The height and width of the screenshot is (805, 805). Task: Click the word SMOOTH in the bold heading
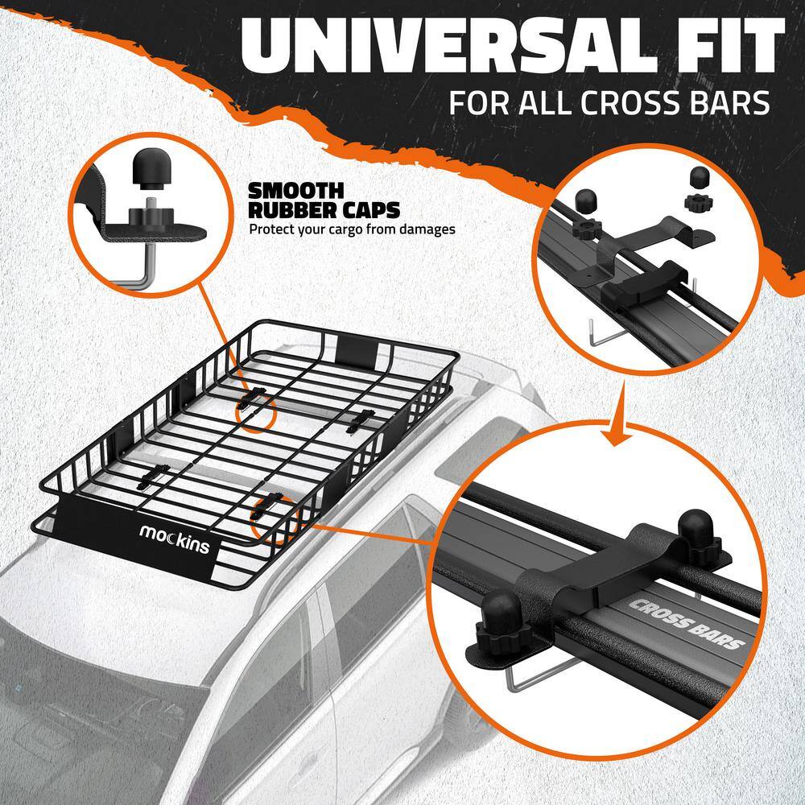tap(295, 191)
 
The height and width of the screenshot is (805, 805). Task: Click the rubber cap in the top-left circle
tap(151, 167)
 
